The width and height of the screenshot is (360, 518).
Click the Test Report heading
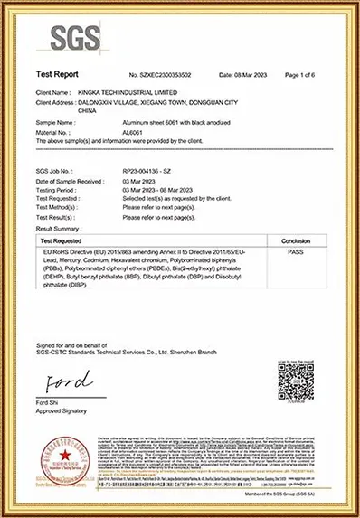(x=57, y=75)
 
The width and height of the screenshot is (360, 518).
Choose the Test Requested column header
(x=64, y=215)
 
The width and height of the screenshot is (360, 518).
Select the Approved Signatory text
(x=62, y=411)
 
